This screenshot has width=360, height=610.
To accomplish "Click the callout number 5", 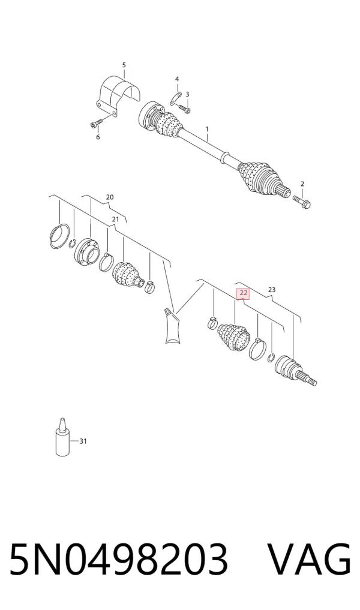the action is click(124, 65).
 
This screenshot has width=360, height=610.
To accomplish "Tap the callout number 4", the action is click(177, 79).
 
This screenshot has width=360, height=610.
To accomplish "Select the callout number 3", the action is click(187, 94).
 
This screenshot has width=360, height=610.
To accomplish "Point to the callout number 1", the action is click(207, 129).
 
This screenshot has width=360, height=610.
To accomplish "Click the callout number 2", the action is click(302, 184).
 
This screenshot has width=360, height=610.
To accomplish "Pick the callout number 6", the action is click(98, 137).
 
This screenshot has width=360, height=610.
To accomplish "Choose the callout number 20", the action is click(110, 197).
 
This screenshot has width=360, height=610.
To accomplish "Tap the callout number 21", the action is click(115, 220).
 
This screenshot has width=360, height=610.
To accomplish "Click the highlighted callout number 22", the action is click(243, 293).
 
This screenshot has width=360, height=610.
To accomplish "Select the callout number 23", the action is click(272, 290).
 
